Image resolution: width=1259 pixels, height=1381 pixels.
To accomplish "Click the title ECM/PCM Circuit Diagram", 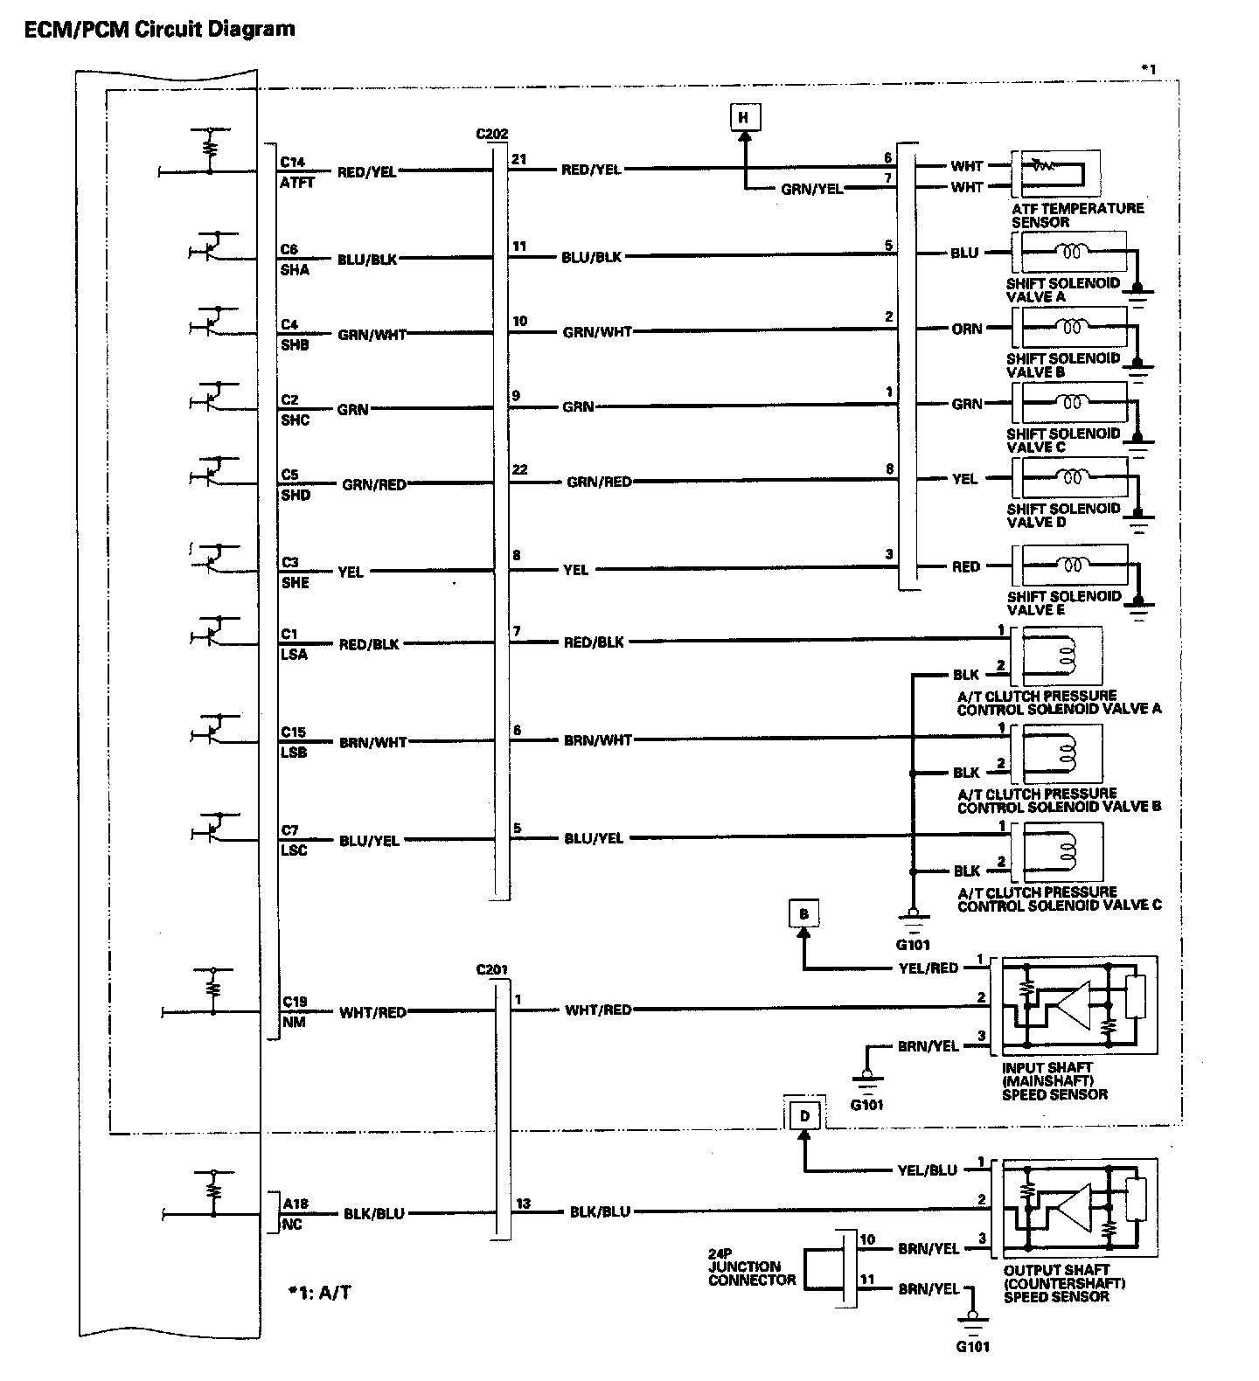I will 158,29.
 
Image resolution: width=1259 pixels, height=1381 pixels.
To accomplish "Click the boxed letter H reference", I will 744,118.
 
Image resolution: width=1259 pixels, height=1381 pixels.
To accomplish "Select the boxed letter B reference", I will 803,914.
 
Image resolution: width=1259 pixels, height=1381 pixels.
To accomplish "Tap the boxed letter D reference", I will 804,1116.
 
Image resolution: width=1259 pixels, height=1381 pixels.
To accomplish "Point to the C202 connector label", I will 492,134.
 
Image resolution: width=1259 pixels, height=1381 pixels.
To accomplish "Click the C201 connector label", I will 492,969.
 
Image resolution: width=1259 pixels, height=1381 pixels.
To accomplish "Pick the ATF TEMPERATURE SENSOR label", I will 1078,215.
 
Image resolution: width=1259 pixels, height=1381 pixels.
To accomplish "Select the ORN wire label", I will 967,329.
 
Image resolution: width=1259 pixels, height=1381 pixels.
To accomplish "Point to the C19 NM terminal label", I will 294,1011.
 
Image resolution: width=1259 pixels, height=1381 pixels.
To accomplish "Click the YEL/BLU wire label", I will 928,1169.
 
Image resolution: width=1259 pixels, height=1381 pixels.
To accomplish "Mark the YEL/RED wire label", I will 928,968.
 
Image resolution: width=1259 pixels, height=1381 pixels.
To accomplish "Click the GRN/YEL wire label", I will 813,188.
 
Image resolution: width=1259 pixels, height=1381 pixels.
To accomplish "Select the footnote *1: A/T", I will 319,1292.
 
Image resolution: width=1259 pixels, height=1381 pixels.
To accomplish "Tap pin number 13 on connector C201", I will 522,1204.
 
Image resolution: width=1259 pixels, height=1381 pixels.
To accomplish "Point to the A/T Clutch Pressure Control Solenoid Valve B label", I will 1059,800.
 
